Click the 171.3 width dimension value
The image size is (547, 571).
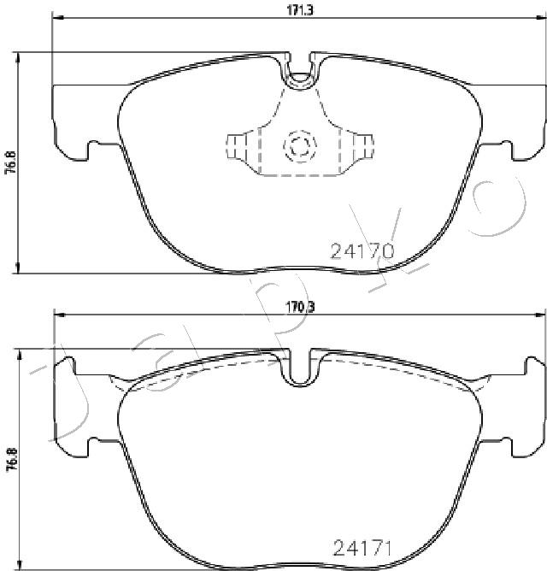(x=300, y=10)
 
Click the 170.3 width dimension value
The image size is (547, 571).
(x=300, y=308)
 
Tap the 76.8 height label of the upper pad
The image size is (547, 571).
(x=12, y=162)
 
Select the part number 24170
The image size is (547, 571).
(x=362, y=251)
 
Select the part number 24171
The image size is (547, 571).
(x=362, y=548)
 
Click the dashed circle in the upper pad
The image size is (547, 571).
(x=300, y=145)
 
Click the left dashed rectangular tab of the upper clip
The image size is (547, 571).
(x=236, y=146)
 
